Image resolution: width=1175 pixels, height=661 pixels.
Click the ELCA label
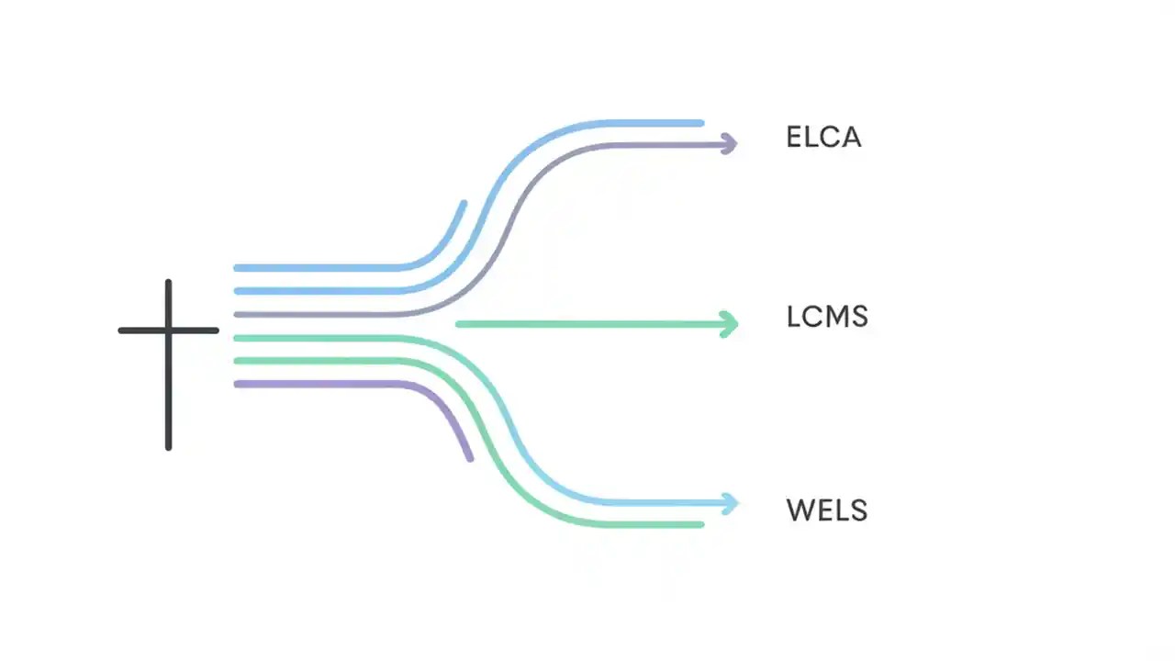point(823,138)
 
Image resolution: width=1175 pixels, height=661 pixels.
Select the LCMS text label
point(827,318)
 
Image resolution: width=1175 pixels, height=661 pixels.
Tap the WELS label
point(826,510)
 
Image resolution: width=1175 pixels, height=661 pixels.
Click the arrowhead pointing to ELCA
point(730,143)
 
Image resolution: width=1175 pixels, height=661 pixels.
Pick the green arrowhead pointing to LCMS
point(731,323)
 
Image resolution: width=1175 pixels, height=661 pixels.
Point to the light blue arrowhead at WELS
point(731,503)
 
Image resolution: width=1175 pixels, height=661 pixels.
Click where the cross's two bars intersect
point(168,330)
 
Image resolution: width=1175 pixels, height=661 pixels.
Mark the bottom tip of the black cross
point(168,447)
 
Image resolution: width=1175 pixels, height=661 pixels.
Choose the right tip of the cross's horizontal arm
point(216,330)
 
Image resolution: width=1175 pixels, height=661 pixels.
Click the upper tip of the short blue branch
point(464,204)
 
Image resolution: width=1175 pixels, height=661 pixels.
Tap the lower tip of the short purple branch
point(470,457)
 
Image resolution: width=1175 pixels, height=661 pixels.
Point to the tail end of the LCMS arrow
point(459,323)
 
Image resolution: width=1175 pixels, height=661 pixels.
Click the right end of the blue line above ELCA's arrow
point(701,123)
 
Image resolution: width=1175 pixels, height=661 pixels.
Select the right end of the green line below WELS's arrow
point(701,524)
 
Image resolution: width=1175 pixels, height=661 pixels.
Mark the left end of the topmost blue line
point(237,268)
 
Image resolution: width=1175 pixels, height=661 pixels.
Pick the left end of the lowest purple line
point(237,384)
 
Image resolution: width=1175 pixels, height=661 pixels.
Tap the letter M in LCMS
point(834,318)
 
